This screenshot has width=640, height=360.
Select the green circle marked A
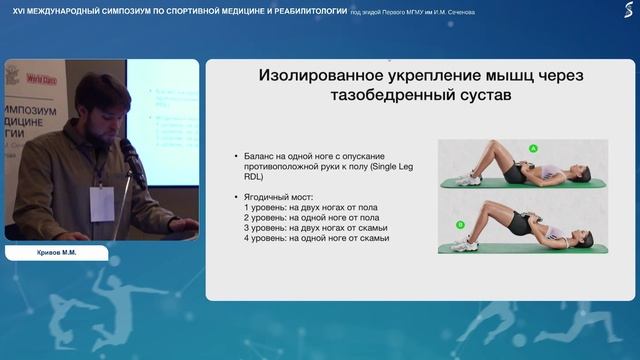(x=533, y=148)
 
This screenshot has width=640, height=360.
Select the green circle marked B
(x=459, y=225)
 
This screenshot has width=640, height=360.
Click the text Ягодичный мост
(x=278, y=195)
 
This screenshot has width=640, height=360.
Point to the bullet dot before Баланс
(x=234, y=157)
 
